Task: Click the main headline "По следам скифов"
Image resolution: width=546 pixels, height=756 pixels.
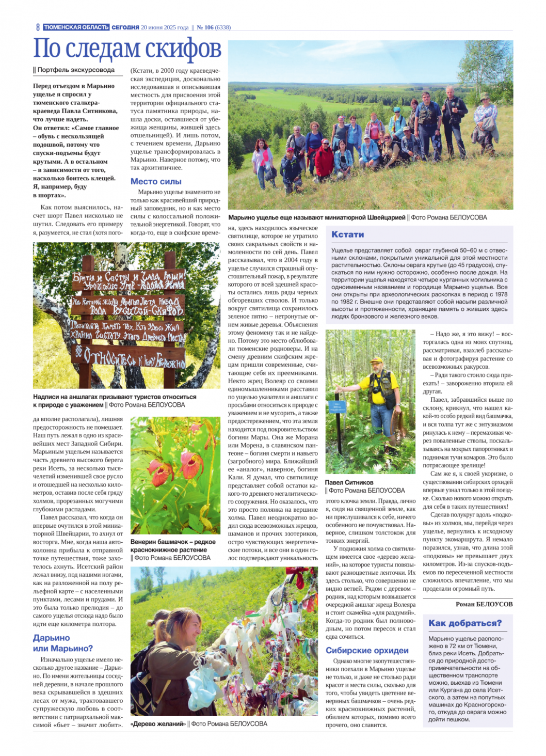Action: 127,49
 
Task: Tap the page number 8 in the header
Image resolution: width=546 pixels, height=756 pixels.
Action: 38,27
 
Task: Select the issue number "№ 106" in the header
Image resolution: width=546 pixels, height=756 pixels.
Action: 205,27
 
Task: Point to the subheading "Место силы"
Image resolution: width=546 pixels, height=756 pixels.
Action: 156,181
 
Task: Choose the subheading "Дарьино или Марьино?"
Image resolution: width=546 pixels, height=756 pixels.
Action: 63,643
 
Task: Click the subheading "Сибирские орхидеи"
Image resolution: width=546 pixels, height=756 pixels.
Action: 367,650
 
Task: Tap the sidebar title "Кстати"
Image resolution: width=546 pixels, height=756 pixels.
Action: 348,234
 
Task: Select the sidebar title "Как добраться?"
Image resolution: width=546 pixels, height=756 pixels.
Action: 465,623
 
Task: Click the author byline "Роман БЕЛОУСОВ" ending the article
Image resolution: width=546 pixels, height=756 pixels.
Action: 484,604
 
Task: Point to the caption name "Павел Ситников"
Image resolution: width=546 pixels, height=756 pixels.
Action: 349,482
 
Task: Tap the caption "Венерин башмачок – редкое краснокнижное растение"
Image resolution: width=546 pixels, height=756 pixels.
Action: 173,546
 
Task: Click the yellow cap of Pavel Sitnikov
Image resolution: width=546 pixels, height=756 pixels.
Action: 377,360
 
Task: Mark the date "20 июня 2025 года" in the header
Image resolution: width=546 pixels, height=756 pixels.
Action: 165,27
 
